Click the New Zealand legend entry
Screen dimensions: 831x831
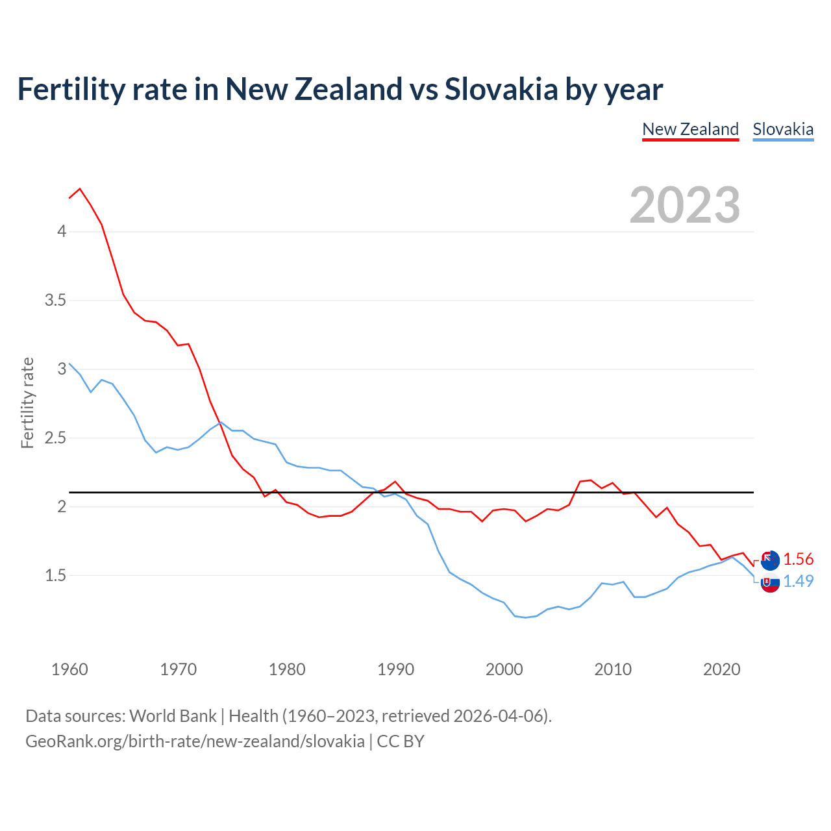690,129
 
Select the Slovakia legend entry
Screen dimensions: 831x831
782,129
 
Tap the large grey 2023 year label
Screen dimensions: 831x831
685,205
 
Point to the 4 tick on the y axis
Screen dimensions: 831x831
62,232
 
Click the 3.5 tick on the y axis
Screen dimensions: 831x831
56,301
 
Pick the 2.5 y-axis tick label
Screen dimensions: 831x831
56,438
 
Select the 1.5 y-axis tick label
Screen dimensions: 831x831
56,576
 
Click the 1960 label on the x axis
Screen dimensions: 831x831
69,669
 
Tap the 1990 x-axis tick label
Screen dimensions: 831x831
395,669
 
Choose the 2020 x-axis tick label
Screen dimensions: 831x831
721,669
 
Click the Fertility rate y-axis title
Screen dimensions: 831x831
27,403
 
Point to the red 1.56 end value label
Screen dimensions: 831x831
798,560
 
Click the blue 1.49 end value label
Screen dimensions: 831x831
798,581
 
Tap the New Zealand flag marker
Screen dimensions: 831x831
770,559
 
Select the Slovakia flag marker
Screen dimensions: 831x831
770,584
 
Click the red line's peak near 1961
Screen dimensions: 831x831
80,189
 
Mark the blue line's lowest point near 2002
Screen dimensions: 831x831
526,617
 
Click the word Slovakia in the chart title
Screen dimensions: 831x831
501,90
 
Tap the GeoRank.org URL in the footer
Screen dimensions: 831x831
195,741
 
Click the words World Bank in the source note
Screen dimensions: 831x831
173,716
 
